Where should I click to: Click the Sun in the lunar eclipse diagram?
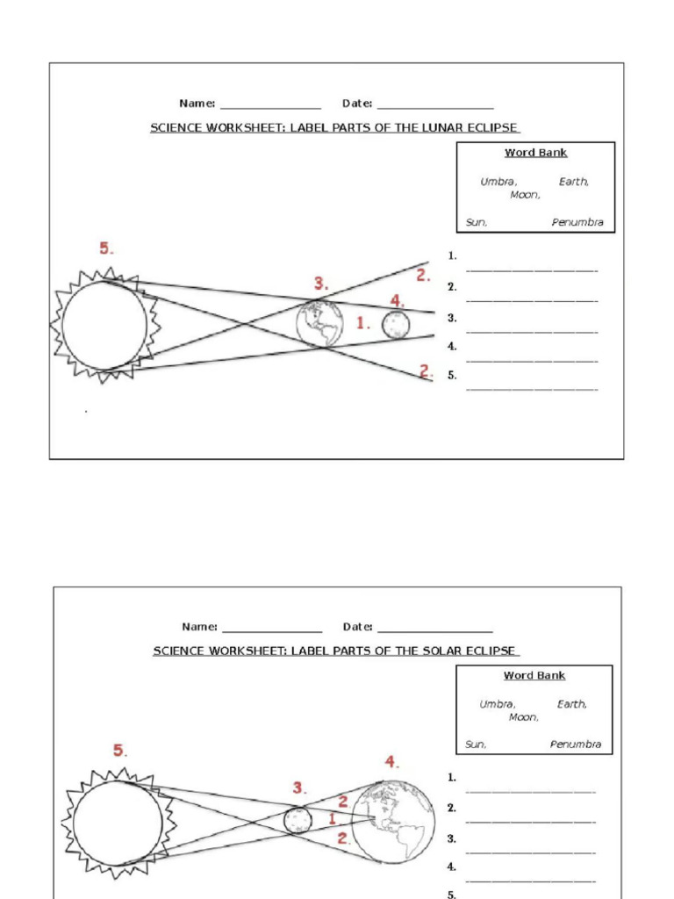tap(104, 326)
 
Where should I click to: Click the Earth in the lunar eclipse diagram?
tap(319, 323)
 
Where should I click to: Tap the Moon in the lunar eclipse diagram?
tap(396, 324)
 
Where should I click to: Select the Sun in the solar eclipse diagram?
tap(118, 823)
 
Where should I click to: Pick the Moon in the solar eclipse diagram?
tap(298, 820)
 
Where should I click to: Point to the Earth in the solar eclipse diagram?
tap(394, 822)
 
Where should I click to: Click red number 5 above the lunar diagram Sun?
tap(105, 248)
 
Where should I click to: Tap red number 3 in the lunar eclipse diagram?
tap(321, 284)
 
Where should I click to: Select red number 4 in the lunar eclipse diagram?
tap(397, 301)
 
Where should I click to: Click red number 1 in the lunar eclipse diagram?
tap(363, 324)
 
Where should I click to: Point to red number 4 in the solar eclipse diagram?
tap(391, 761)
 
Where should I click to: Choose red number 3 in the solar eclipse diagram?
tap(299, 788)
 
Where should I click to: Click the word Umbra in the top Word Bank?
tap(498, 182)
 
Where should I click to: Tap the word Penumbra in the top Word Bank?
tap(577, 222)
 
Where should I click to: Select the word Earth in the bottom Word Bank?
tap(571, 704)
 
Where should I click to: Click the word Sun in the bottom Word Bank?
tap(476, 744)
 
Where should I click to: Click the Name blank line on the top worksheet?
tap(270, 106)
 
